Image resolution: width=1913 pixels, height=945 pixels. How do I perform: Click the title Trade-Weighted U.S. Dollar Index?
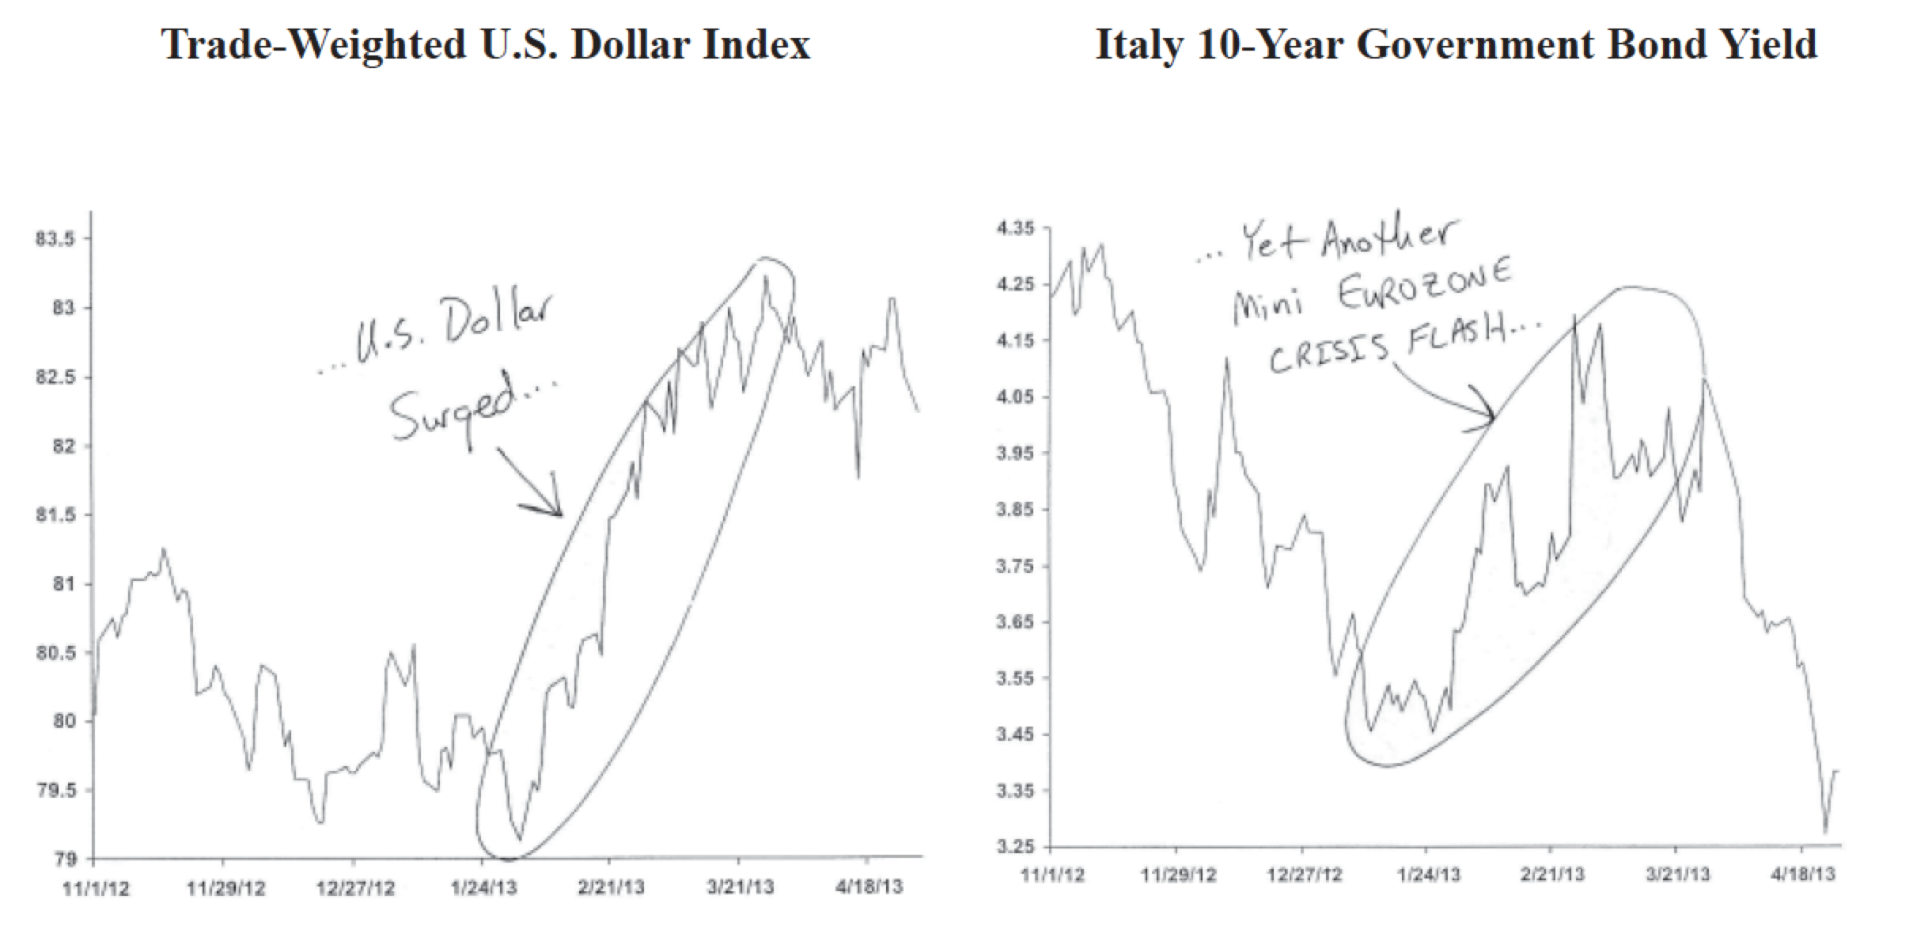tap(486, 44)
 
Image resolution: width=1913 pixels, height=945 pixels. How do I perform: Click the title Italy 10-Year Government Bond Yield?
tap(1456, 44)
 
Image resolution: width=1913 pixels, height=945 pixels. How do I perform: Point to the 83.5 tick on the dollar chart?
tap(54, 239)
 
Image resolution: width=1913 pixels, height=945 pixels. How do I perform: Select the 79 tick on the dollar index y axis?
tap(65, 860)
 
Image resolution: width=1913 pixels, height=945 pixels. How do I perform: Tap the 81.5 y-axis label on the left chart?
tap(54, 515)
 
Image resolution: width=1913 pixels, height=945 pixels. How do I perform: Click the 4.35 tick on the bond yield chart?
tap(1016, 229)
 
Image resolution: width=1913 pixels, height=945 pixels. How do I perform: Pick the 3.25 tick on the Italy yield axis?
tap(1016, 847)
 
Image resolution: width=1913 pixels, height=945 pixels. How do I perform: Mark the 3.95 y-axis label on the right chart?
tap(1016, 454)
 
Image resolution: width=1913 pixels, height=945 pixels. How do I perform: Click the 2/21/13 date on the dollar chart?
tap(610, 886)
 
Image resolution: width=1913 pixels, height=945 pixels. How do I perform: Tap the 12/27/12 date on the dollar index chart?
tap(354, 888)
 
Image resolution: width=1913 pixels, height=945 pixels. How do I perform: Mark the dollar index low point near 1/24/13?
tap(519, 839)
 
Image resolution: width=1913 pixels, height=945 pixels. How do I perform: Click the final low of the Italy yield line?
tap(1825, 831)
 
